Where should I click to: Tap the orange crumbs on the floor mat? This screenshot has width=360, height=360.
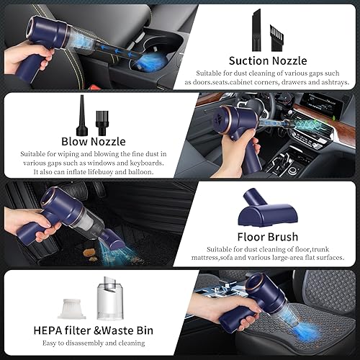pyautogui.click(x=91, y=253)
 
